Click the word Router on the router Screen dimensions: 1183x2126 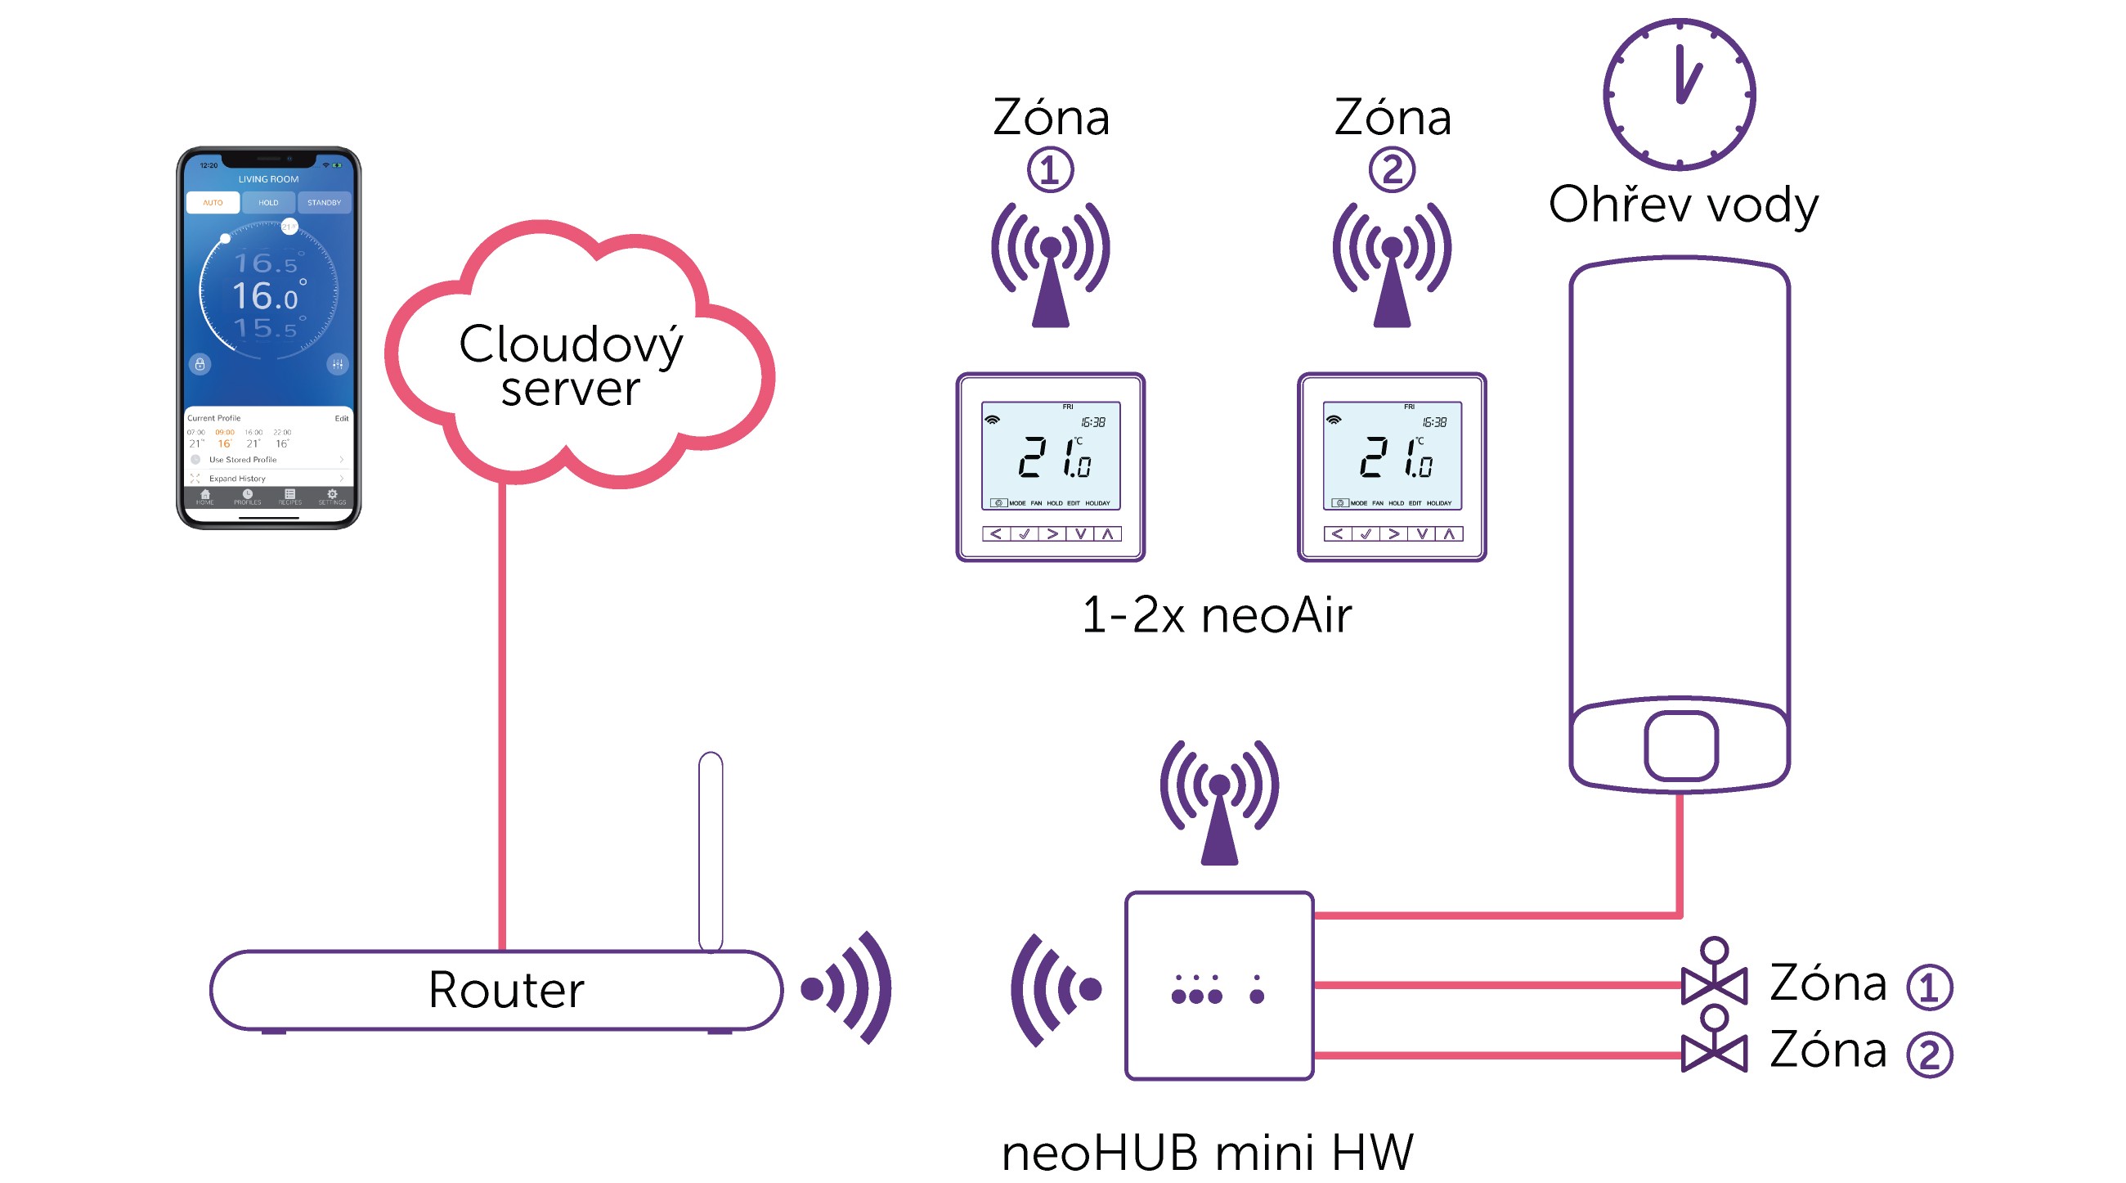506,989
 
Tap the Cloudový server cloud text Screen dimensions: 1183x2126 571,365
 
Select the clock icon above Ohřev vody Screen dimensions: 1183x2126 1679,94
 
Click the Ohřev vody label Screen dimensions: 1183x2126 1683,205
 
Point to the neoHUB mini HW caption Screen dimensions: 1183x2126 1207,1153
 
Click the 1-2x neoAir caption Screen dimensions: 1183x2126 1217,615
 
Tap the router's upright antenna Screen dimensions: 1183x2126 711,850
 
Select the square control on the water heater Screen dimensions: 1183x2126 1681,745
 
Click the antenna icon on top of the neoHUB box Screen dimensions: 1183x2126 1219,801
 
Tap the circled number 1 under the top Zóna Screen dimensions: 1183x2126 1050,170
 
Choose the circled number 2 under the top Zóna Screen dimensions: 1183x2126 1392,170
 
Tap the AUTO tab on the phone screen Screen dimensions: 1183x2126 213,202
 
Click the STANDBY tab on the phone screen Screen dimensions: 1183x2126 324,202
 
